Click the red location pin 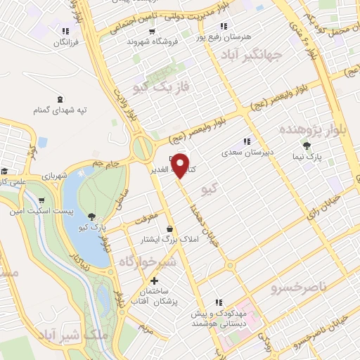(x=181, y=165)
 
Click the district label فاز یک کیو (x=152, y=86)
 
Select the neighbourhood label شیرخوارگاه (x=144, y=262)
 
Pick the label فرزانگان (x=65, y=43)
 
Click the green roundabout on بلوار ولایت (x=144, y=149)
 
